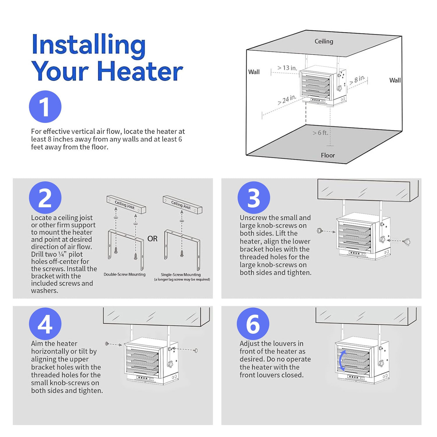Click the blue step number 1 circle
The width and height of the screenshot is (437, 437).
pos(45,107)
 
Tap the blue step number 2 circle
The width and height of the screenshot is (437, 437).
pos(45,198)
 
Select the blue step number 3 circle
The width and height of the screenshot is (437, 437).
pos(254,198)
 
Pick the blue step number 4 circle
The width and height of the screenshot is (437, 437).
pos(45,324)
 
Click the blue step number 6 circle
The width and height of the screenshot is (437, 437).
pos(253,324)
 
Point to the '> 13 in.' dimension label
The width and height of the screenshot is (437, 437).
pos(287,68)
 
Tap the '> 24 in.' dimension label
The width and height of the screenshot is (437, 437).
pos(287,100)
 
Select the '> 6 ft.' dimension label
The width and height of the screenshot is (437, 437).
pos(320,133)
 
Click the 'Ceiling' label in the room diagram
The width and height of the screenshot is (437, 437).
pos(324,41)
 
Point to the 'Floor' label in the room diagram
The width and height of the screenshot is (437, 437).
pos(328,155)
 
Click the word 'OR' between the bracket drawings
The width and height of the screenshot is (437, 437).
pos(152,239)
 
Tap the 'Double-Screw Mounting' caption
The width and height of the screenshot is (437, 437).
pos(124,274)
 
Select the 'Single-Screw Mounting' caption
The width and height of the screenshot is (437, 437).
pos(181,274)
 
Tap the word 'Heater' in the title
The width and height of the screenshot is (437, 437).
pos(140,71)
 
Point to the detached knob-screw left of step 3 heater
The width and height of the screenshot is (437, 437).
pos(320,231)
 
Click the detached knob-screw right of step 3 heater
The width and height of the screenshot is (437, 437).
pos(407,242)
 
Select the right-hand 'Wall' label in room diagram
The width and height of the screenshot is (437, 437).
pos(395,80)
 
